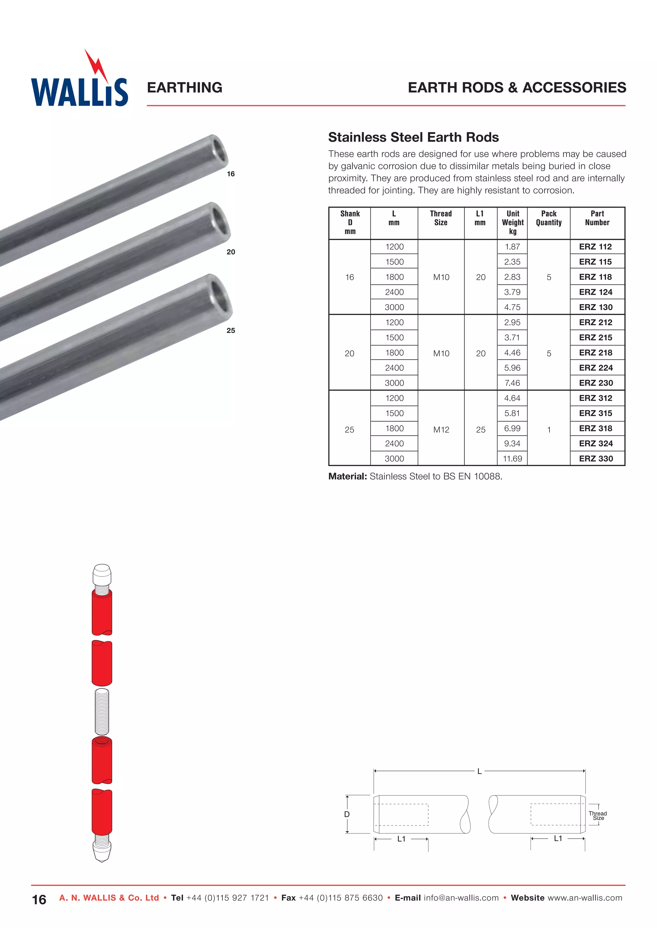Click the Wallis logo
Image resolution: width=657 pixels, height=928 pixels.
(x=79, y=83)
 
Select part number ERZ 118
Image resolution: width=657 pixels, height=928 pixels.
(x=595, y=277)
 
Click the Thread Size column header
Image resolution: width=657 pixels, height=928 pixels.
(x=440, y=218)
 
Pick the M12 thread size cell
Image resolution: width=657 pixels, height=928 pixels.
(x=441, y=430)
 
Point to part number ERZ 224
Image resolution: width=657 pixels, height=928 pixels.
(x=595, y=368)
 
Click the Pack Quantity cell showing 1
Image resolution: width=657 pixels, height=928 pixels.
(x=549, y=430)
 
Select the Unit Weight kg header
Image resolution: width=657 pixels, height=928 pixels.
(x=513, y=222)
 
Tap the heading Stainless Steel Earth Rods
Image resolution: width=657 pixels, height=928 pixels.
(x=413, y=137)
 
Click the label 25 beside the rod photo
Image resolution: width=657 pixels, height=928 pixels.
(x=231, y=331)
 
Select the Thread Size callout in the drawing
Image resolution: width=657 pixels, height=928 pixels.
(x=598, y=816)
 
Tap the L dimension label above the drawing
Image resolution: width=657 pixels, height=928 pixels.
(x=479, y=771)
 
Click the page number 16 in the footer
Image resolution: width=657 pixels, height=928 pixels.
(x=39, y=900)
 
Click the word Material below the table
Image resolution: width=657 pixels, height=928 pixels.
(x=347, y=476)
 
